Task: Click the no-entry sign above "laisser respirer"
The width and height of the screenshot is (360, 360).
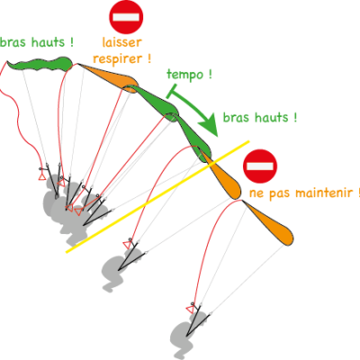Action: [126, 17]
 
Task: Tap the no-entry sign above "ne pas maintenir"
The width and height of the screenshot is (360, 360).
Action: [260, 166]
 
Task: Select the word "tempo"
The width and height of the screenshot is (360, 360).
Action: [184, 74]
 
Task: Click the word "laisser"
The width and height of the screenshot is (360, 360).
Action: [121, 42]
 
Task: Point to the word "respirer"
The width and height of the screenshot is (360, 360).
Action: [119, 58]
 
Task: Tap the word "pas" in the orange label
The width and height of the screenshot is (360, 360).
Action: [280, 193]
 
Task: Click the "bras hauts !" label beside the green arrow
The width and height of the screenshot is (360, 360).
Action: [260, 117]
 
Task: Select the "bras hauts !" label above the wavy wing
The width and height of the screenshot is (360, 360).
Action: [37, 42]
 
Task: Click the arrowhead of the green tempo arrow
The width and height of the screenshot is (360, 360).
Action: [209, 124]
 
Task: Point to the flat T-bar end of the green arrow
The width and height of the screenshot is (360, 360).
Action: [171, 91]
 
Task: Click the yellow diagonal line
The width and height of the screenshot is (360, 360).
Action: [157, 196]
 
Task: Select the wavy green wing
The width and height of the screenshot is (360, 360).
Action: [40, 64]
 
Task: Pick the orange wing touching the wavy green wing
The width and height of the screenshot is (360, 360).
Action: [111, 76]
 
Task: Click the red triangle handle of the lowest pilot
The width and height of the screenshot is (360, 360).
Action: [190, 310]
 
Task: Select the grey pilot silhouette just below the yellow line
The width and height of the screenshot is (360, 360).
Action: [118, 267]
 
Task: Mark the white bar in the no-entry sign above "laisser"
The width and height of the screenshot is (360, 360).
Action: [126, 17]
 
